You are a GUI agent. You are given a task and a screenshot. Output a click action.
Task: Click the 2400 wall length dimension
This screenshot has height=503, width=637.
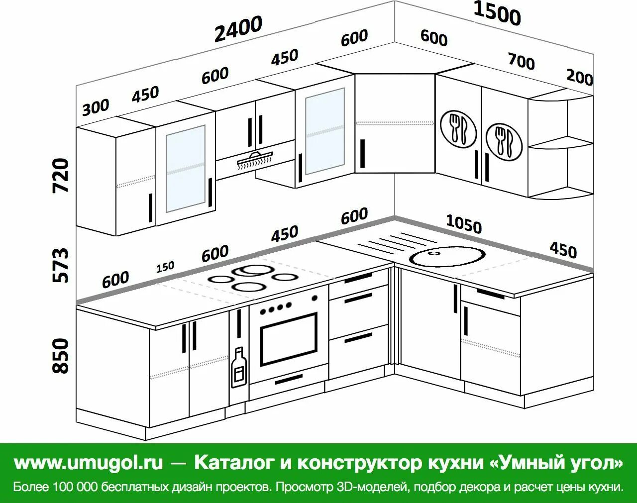238,29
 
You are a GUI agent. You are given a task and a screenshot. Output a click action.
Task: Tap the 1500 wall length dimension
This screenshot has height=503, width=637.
497,13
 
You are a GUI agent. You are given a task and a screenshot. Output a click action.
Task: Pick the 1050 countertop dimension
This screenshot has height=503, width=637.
463,224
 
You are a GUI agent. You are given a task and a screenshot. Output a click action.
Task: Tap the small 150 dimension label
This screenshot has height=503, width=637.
165,267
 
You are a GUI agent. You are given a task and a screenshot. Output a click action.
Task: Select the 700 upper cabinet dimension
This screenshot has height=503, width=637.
521,61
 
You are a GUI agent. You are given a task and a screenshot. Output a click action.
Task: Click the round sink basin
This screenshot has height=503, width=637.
447,257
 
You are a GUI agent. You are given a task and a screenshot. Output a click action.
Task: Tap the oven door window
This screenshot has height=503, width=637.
288,339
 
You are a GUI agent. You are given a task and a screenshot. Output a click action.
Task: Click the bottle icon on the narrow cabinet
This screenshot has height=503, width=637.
238,367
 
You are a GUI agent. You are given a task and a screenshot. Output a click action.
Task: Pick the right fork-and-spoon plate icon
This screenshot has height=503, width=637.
504,142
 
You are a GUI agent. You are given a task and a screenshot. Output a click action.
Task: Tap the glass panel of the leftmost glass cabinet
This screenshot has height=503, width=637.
185,168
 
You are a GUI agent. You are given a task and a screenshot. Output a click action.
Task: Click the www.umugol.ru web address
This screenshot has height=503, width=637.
89,463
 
